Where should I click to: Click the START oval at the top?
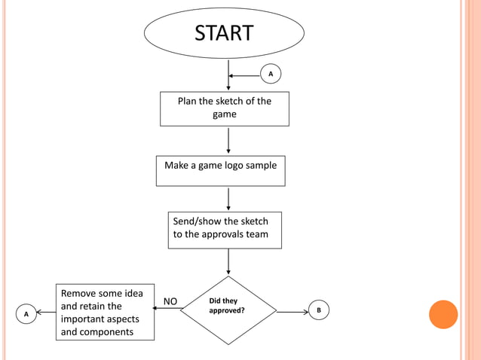(224, 33)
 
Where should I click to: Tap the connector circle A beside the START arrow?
(271, 74)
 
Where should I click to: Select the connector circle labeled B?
(318, 310)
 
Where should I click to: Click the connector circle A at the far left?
(26, 313)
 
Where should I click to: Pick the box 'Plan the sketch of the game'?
(224, 108)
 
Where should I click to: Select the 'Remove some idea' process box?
(105, 312)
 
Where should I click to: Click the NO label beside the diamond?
(170, 301)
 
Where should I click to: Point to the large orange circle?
(443, 314)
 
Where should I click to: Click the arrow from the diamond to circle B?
(293, 310)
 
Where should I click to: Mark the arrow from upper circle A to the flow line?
(244, 75)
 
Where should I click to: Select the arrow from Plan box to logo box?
(228, 140)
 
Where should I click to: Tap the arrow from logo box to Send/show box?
(228, 198)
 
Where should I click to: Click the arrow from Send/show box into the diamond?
(228, 261)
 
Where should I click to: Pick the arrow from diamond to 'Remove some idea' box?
(167, 309)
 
